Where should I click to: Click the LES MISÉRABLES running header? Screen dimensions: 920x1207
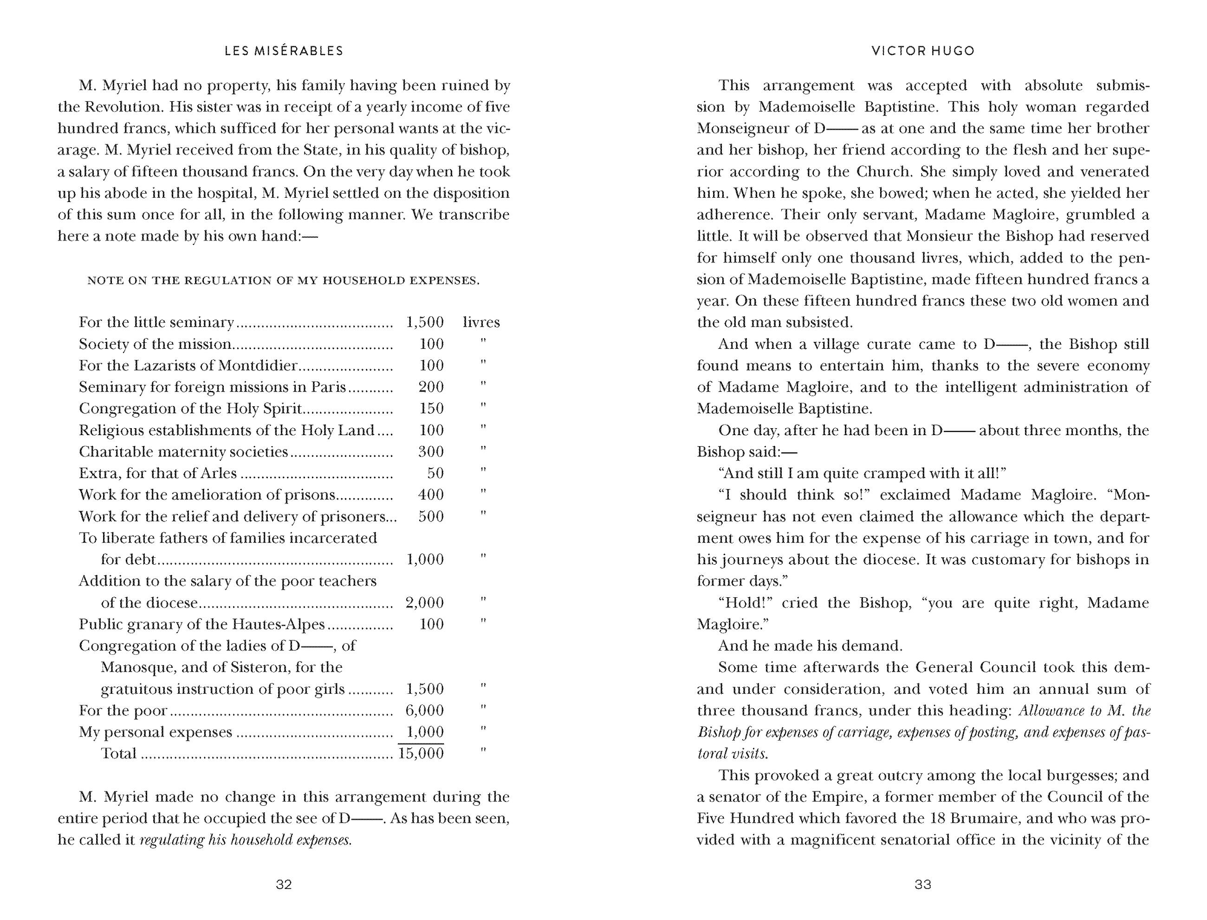coord(284,51)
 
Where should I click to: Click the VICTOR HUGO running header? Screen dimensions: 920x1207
coord(923,51)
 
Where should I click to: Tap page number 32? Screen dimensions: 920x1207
coord(284,884)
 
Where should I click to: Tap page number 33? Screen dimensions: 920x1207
coord(923,884)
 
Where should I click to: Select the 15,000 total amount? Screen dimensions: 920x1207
coord(421,754)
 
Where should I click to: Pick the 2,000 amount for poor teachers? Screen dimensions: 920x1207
coord(424,602)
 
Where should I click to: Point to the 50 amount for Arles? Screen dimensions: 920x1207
coord(435,473)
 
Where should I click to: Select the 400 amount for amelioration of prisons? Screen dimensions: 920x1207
coord(431,495)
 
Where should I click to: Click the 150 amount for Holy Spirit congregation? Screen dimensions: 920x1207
coord(431,409)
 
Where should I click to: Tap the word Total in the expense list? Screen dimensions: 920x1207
coord(118,754)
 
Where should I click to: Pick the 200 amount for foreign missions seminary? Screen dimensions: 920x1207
coord(431,387)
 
